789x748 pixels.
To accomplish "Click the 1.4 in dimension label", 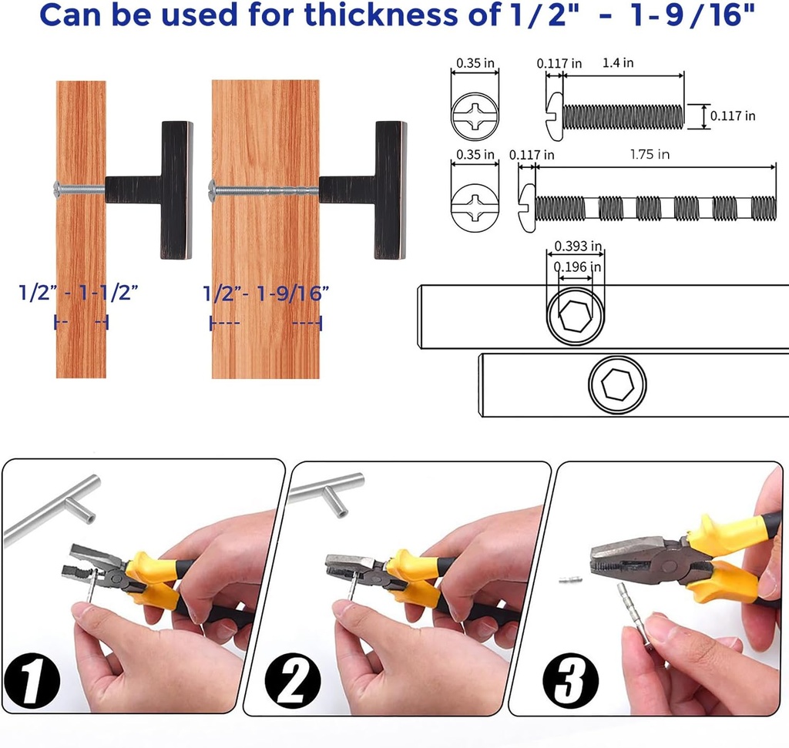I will (618, 63).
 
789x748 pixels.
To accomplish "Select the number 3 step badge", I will (569, 678).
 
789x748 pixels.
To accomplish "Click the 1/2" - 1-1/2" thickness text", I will (79, 293).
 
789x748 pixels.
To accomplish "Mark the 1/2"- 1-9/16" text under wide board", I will (266, 293).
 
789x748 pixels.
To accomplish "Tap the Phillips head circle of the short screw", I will (474, 117).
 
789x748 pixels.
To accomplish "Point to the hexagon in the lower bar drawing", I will (616, 385).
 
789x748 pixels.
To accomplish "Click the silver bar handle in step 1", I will (54, 508).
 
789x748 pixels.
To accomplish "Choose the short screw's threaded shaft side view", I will (623, 116).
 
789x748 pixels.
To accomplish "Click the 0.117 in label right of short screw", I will (732, 116).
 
